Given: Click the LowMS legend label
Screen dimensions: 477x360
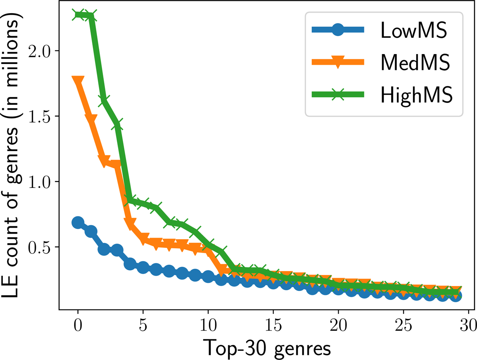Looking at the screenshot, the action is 414,30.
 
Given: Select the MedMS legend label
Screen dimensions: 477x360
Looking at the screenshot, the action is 415,62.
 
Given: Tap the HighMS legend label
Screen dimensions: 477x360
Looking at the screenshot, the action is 417,95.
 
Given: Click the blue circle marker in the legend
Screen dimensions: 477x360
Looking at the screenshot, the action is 338,29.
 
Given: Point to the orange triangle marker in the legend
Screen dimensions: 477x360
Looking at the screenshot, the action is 338,62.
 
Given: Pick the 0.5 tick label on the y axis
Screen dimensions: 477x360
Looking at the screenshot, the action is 39,247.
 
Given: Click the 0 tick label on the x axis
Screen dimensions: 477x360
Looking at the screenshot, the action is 78,325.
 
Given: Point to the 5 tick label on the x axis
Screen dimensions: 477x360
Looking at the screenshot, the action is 143,325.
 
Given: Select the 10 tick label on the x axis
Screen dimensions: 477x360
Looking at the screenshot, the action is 208,325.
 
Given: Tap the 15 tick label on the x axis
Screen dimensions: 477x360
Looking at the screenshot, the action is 273,325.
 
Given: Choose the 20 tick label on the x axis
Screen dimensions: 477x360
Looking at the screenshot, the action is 338,325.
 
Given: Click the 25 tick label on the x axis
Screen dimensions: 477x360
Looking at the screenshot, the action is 403,325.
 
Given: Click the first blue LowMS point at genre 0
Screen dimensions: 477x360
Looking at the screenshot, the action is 78,223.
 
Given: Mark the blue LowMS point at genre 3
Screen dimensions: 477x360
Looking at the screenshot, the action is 117,250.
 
